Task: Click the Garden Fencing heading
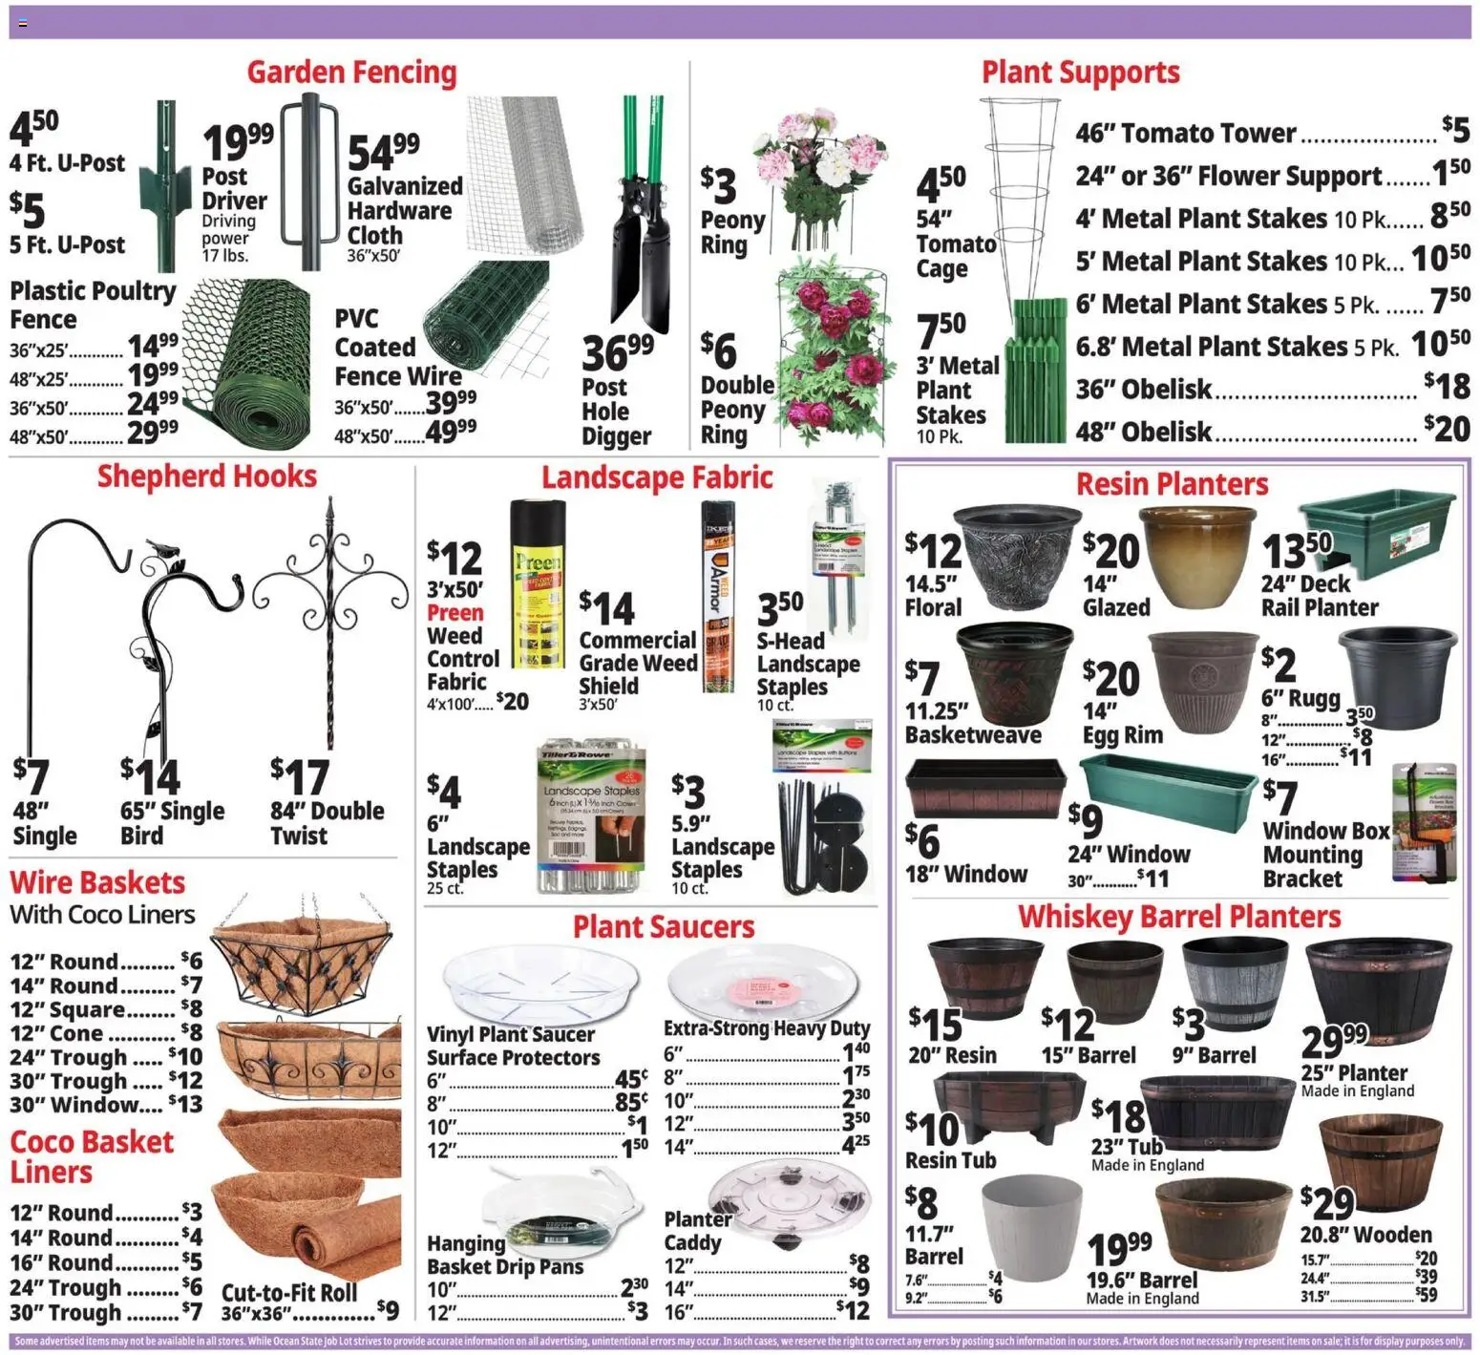(x=351, y=73)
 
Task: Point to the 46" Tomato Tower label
(x=1185, y=133)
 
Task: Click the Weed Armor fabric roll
(x=718, y=597)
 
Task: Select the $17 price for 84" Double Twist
(x=300, y=776)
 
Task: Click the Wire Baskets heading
(x=97, y=882)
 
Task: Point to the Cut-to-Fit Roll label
(x=288, y=1292)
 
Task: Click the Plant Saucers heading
(x=663, y=926)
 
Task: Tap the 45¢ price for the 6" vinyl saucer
(x=631, y=1079)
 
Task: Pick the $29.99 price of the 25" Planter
(x=1334, y=1040)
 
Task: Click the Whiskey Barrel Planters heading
(x=1178, y=917)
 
